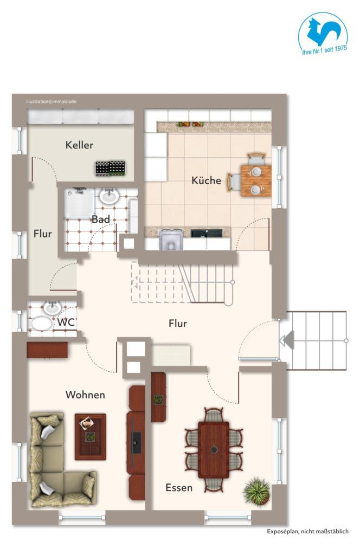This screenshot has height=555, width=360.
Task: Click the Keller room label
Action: coord(79,145)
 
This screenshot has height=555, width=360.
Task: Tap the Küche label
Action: coord(206,180)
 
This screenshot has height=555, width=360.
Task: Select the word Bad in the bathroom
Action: coord(101,220)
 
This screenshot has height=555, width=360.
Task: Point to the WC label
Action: coord(67,322)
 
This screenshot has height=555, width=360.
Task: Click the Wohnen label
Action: coord(85,395)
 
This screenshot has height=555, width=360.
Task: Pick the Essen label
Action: coord(179,488)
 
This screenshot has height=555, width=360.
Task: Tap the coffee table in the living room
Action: coord(90,436)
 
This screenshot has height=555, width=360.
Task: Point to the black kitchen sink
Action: coord(206,234)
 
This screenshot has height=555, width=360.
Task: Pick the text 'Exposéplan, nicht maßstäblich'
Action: coord(307,532)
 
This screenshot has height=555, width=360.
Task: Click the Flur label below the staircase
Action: coord(177,324)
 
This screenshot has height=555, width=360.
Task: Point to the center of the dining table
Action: coord(214,449)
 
